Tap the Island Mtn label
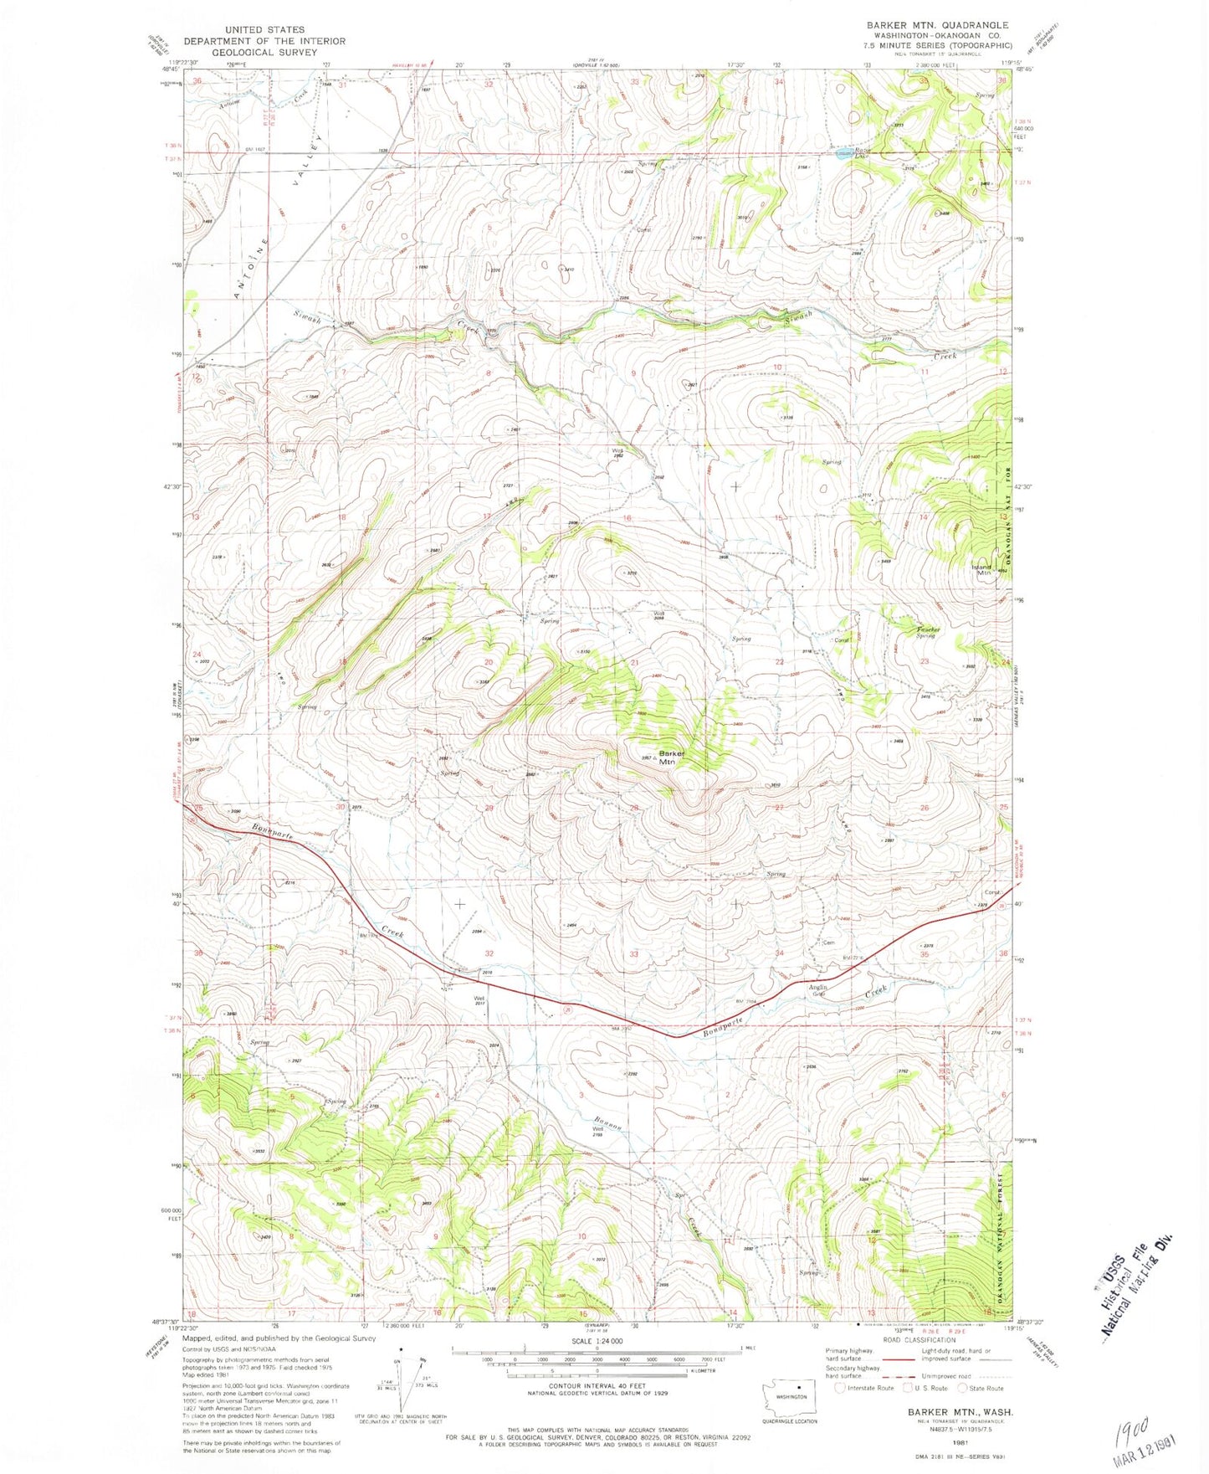pyautogui.click(x=981, y=569)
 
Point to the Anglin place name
pyautogui.click(x=817, y=989)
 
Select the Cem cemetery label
pyautogui.click(x=829, y=942)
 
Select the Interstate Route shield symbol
pyautogui.click(x=840, y=1388)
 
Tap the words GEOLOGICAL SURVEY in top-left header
pyautogui.click(x=264, y=51)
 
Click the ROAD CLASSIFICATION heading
pyautogui.click(x=920, y=1340)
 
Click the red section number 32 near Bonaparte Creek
pyautogui.click(x=489, y=953)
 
